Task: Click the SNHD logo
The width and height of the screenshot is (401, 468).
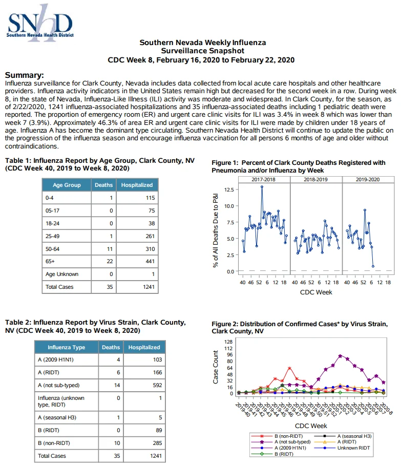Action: point(40,23)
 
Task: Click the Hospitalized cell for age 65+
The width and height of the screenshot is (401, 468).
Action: point(137,262)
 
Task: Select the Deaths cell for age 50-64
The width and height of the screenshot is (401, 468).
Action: point(103,249)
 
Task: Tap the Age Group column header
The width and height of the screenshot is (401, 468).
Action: point(67,185)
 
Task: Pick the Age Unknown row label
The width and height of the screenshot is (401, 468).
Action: point(62,274)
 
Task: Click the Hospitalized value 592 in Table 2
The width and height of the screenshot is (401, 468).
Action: point(157,386)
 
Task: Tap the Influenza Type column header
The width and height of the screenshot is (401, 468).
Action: point(66,348)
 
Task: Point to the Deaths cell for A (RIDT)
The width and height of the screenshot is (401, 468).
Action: point(111,372)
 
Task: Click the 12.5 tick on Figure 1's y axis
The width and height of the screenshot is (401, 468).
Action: point(229,190)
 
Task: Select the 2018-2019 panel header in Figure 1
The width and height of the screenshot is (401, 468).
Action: point(316,180)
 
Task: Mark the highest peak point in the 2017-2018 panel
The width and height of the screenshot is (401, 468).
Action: point(262,187)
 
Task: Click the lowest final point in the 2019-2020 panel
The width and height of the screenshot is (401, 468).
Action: point(373,267)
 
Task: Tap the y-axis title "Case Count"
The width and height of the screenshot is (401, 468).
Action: point(216,367)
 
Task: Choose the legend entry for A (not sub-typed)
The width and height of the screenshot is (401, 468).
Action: point(281,442)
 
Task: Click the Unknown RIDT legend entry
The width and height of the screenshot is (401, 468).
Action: point(343,448)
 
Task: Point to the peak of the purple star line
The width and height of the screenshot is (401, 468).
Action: point(340,356)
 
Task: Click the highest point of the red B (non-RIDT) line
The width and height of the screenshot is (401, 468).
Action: point(289,368)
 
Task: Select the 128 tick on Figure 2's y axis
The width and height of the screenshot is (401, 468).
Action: point(228,342)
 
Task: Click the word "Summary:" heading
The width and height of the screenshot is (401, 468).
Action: point(25,75)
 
